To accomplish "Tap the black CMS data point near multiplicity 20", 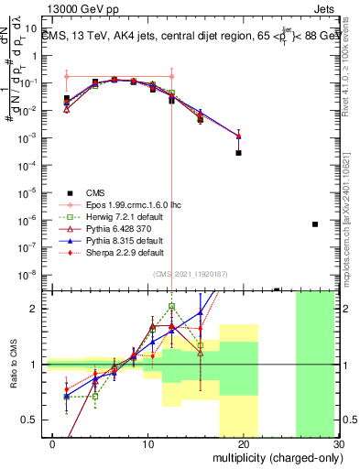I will (x=238, y=153).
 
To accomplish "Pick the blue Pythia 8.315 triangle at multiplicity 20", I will (x=238, y=136).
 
